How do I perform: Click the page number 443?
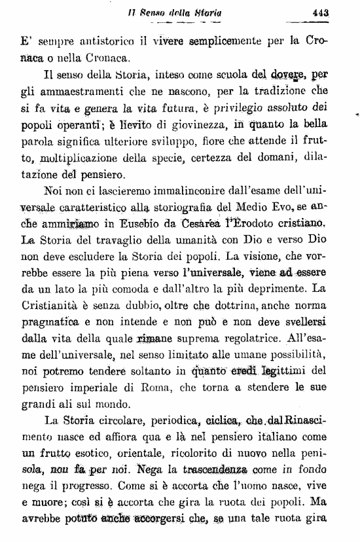319,11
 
